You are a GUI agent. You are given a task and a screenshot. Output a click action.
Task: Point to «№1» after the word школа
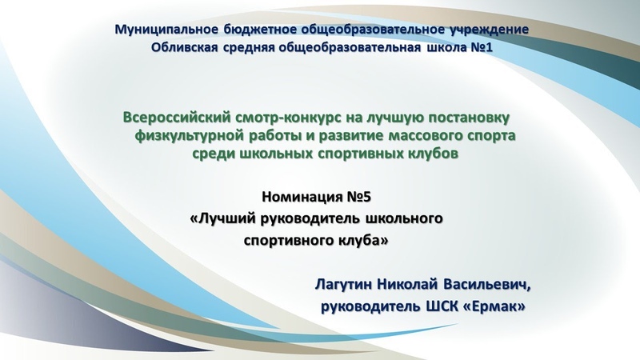pos(482,47)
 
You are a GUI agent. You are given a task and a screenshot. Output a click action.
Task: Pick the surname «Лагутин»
pos(344,284)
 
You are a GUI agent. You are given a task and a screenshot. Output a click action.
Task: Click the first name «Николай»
pos(407,284)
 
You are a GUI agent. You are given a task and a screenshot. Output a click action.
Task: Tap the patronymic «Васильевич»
pos(485,284)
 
